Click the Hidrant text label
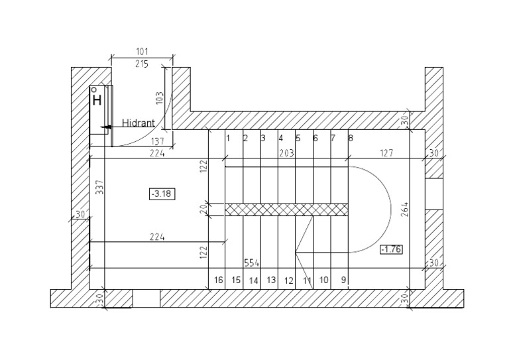tap(139, 123)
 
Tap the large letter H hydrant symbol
tap(97, 101)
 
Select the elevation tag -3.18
tap(162, 194)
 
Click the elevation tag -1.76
tap(391, 249)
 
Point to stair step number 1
tap(228, 139)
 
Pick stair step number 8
tap(350, 139)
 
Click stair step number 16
tap(218, 280)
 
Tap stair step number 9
tap(343, 280)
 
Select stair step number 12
tap(289, 280)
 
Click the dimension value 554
tap(251, 263)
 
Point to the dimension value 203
tap(286, 153)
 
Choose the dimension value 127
tap(386, 153)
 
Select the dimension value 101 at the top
tap(141, 51)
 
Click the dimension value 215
tap(141, 64)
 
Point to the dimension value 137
tap(157, 141)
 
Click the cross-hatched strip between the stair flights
tap(286, 210)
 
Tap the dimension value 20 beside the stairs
tap(203, 209)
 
